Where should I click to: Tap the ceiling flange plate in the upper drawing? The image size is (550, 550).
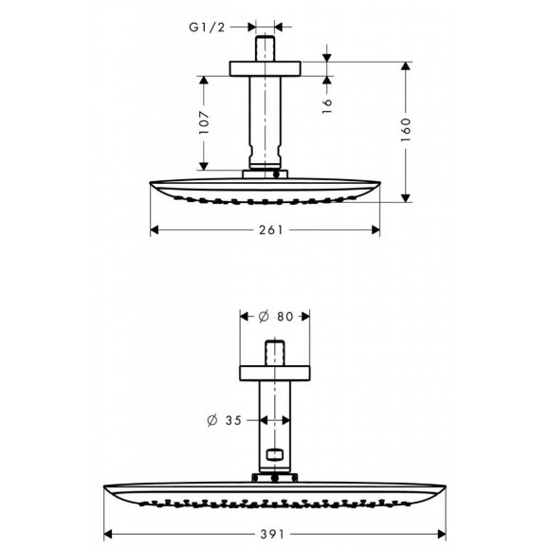(266, 68)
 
